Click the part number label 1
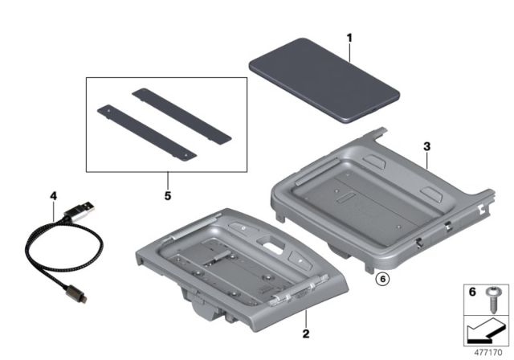[349, 37]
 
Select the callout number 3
[428, 147]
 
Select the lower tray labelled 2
[241, 265]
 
